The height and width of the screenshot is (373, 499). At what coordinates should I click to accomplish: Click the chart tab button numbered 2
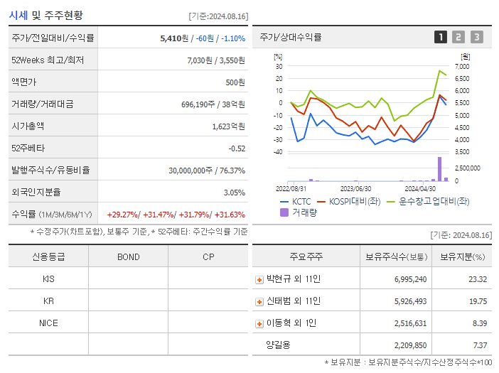458,37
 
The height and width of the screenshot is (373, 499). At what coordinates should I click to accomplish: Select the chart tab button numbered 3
476,37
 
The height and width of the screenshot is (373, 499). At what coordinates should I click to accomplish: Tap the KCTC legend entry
296,201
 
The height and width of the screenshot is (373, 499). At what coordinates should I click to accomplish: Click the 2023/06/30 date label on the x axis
355,189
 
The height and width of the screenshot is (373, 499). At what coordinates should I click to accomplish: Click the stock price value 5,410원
175,38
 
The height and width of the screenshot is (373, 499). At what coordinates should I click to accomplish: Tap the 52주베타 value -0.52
236,148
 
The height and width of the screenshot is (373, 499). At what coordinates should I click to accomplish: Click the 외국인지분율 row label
36,193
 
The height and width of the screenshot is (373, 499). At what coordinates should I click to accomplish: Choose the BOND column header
128,257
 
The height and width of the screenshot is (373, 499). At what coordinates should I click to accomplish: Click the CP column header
208,257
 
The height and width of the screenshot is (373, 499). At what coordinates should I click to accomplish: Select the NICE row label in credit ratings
48,323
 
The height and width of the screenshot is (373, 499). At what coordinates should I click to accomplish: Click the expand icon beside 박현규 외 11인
259,280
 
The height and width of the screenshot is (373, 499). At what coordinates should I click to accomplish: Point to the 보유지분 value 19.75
478,301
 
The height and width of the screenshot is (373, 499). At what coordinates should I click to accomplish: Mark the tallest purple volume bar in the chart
439,168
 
